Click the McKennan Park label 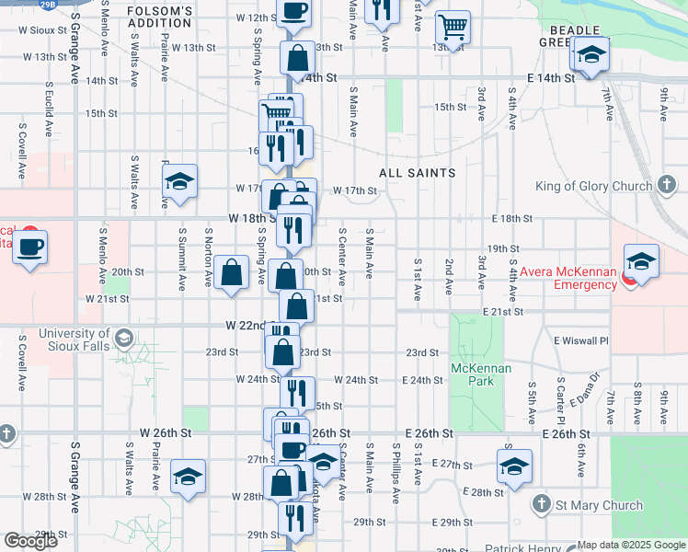click(x=474, y=374)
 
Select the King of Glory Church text click(x=594, y=186)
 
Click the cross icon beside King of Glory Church click(x=668, y=186)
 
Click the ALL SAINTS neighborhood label click(x=417, y=172)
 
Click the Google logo click(x=30, y=541)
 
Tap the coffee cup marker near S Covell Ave click(x=29, y=247)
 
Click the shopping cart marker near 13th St click(x=452, y=27)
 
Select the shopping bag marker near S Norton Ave click(x=234, y=272)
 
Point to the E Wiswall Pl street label click(x=581, y=340)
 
